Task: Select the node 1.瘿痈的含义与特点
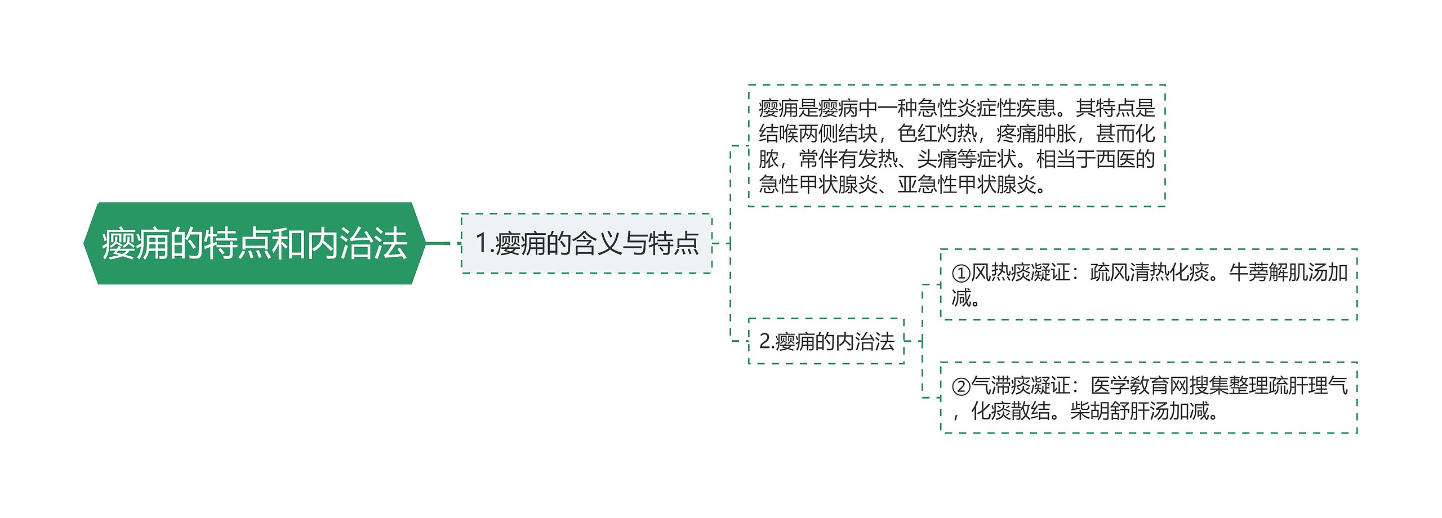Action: [x=586, y=243]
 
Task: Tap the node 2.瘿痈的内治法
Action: [x=826, y=341]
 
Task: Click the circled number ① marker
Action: [x=961, y=274]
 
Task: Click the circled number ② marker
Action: [x=961, y=387]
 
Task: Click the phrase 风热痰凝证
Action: [x=1021, y=273]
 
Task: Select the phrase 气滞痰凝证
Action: [x=1021, y=386]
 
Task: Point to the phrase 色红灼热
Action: [x=937, y=134]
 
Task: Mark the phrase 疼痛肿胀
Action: [x=1036, y=134]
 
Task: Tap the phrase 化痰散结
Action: [x=1011, y=412]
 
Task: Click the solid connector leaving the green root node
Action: [x=438, y=243]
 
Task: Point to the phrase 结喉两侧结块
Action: [x=818, y=134]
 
